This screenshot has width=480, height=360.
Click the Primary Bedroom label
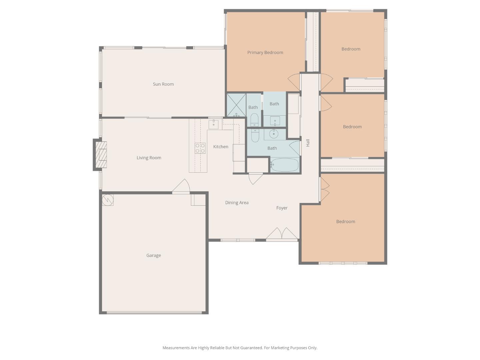pyautogui.click(x=265, y=52)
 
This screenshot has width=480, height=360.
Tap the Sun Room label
pyautogui.click(x=163, y=84)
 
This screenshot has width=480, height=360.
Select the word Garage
pyautogui.click(x=153, y=255)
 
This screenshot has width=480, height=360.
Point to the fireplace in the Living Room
pyautogui.click(x=101, y=155)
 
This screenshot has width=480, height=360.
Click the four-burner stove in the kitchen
pyautogui.click(x=200, y=148)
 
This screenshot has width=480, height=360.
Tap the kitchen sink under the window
pyautogui.click(x=213, y=125)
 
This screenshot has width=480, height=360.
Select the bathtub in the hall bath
pyautogui.click(x=284, y=165)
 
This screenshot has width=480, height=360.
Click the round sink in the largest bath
pyautogui.click(x=274, y=134)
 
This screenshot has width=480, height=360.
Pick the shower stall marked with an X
pyautogui.click(x=236, y=105)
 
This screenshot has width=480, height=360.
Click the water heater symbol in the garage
pyautogui.click(x=108, y=200)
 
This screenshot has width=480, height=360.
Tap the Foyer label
pyautogui.click(x=282, y=208)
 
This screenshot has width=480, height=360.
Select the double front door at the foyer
pyautogui.click(x=282, y=234)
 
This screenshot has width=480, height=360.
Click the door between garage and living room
pyautogui.click(x=181, y=187)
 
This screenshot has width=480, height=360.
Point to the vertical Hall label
pyautogui.click(x=308, y=143)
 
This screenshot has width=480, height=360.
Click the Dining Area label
pyautogui.click(x=237, y=202)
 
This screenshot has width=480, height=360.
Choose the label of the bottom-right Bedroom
pyautogui.click(x=345, y=221)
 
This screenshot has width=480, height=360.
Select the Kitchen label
pyautogui.click(x=221, y=147)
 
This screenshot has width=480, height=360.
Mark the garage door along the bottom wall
pyautogui.click(x=154, y=313)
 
